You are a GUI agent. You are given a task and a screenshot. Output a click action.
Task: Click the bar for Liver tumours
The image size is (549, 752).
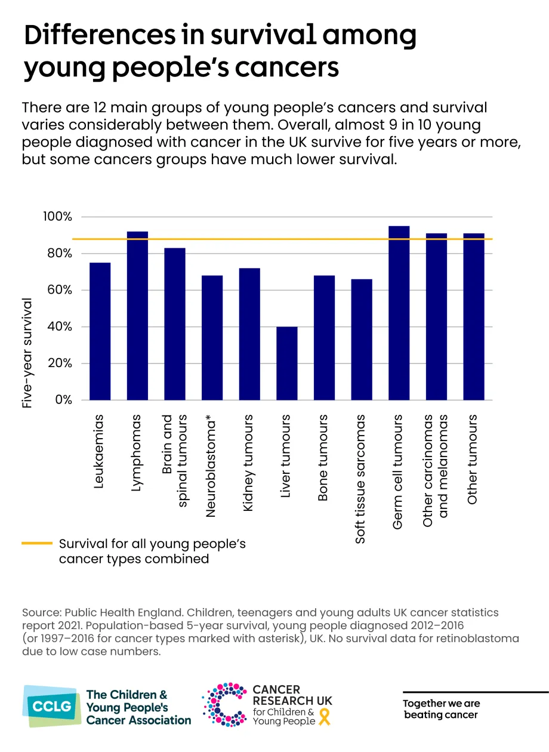tap(287, 363)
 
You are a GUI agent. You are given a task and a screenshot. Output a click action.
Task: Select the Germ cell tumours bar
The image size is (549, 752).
tap(399, 313)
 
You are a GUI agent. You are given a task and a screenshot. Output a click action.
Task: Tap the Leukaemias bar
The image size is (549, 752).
tap(100, 331)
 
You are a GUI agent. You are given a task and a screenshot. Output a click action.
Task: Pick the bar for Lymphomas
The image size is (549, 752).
tap(138, 316)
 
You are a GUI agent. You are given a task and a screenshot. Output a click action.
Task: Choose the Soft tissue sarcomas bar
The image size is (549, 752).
tap(362, 340)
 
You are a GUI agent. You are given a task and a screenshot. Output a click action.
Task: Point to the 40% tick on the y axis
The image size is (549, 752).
tap(60, 326)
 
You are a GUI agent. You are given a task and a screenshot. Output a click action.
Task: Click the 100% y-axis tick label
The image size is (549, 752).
tap(57, 217)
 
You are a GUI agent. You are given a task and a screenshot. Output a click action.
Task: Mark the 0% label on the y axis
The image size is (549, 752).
tap(63, 400)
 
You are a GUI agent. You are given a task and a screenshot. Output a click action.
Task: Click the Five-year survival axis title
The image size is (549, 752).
tap(27, 353)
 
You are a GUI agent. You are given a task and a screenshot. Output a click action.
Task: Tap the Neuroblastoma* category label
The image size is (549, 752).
tap(211, 466)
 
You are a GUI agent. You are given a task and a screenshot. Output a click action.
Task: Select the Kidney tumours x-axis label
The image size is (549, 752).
tap(248, 463)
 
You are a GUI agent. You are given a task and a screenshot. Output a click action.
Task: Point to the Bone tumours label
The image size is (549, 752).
tap(323, 458)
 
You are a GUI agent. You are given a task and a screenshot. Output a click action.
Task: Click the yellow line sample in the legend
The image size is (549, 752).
tap(37, 543)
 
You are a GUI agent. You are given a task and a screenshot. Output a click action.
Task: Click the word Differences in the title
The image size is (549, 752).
tap(100, 35)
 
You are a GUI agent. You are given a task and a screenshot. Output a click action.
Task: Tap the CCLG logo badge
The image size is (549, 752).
tap(52, 706)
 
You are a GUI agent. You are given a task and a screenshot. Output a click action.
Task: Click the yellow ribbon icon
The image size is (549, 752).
tap(325, 717)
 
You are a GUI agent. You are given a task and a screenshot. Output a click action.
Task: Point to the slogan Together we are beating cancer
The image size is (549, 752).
tap(441, 708)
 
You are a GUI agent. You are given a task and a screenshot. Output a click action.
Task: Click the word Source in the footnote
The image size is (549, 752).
tap(42, 613)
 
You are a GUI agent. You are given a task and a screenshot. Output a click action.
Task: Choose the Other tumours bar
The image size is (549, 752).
tap(474, 316)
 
